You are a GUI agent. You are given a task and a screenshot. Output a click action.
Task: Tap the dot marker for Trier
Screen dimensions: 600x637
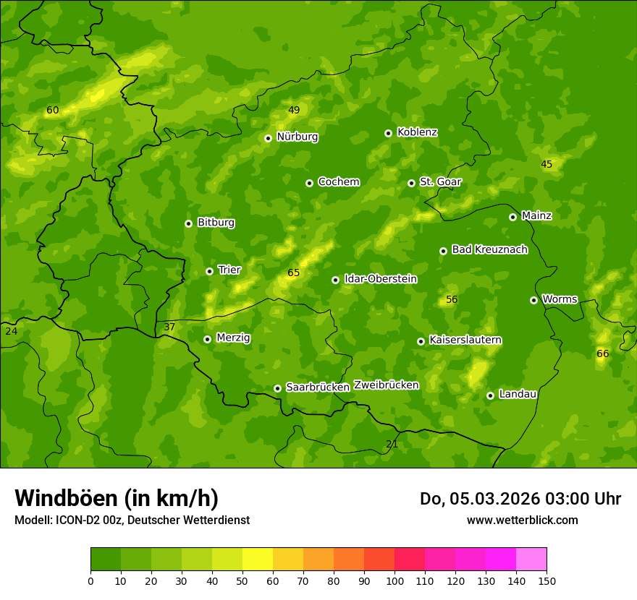[x=210, y=271]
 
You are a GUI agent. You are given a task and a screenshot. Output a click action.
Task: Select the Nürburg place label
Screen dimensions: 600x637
[x=297, y=137]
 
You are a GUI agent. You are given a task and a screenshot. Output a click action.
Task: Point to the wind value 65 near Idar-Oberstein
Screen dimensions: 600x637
[x=293, y=273]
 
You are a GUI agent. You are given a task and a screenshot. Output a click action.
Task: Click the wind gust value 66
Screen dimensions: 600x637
[x=602, y=353]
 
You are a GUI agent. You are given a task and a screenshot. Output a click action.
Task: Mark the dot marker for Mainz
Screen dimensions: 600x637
[x=512, y=217]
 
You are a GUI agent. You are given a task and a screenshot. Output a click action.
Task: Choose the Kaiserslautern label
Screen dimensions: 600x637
[x=465, y=340]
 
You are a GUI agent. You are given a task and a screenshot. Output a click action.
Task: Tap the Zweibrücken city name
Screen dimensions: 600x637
[x=386, y=385]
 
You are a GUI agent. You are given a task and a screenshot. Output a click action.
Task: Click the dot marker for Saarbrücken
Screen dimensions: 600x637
[x=277, y=388]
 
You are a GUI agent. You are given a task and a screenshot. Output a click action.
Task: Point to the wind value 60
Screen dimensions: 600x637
[x=52, y=111]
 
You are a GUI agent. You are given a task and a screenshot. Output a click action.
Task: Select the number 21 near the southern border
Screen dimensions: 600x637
[x=392, y=444]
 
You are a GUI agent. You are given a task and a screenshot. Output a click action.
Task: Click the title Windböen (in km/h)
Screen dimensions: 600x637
[x=117, y=498]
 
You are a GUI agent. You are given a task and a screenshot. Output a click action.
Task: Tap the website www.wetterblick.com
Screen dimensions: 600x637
[x=522, y=520]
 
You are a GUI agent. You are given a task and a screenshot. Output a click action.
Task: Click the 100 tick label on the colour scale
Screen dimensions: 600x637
[x=395, y=580]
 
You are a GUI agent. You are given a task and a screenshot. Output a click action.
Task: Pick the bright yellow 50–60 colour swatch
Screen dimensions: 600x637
[x=258, y=560]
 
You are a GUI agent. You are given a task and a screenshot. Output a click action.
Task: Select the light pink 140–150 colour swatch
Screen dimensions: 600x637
[x=531, y=560]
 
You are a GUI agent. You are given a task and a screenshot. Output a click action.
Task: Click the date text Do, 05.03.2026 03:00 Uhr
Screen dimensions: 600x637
[x=520, y=499]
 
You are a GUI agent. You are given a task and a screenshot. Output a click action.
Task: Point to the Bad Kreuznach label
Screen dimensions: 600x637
[x=489, y=249]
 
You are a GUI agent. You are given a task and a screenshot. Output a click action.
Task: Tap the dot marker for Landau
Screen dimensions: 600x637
[x=490, y=395]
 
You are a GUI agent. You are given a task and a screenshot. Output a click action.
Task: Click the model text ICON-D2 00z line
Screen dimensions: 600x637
[x=132, y=520]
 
